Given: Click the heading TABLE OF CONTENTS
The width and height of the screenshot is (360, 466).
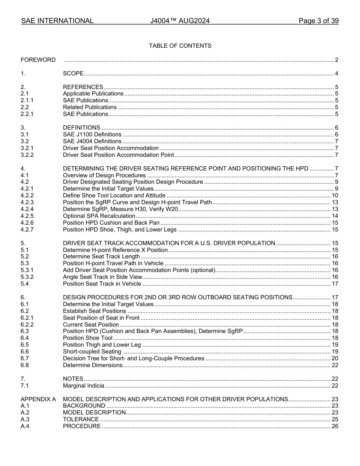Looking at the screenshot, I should point(180,46).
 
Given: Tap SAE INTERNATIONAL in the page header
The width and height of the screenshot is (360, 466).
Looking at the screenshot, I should point(57,21).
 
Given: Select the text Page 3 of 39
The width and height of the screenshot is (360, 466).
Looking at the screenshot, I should point(318,21).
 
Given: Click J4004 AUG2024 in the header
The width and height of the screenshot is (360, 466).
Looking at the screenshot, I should point(180,21).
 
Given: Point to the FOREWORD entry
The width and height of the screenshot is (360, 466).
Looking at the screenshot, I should point(38,60).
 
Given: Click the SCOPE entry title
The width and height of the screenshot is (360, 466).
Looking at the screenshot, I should point(73,73).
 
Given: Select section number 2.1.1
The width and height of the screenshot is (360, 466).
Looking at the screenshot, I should point(27,100).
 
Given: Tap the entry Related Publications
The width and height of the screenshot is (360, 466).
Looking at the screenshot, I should point(89,107).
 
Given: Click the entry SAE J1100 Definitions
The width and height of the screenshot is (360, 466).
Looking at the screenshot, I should point(92,134).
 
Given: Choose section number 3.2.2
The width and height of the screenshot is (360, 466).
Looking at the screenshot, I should point(27,155).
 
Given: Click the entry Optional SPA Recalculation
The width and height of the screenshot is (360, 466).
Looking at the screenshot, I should point(99,216).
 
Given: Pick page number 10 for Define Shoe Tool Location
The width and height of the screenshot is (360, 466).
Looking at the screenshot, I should point(335,195).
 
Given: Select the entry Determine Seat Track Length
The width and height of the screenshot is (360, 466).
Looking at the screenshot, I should point(101,257).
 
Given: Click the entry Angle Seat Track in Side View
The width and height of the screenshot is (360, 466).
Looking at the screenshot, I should point(102,277).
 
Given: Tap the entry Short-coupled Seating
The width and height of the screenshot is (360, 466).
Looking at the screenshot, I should point(92,352).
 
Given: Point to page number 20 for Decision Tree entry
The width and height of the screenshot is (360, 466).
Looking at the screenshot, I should point(335,358).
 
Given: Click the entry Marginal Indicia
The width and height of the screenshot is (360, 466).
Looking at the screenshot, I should point(83,386).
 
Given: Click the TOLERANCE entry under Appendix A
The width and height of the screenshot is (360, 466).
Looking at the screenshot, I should point(81,419).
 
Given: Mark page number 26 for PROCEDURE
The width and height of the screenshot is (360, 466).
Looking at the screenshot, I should point(335,426).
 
